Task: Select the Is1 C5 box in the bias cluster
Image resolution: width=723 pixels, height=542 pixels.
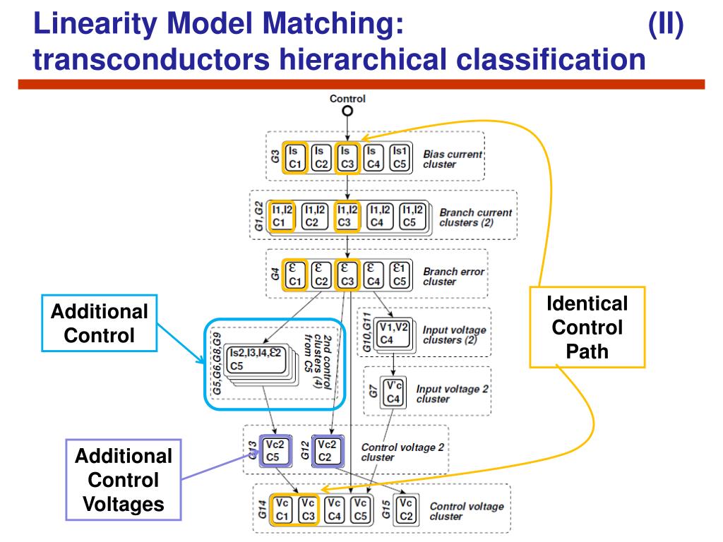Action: tap(399, 157)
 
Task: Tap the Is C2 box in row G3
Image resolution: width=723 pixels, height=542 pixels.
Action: tap(319, 157)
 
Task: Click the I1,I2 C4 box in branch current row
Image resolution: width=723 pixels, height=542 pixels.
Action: tap(376, 215)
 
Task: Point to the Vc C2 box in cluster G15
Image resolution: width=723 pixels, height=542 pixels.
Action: tap(405, 510)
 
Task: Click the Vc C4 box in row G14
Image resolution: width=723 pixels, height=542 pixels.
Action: tap(335, 510)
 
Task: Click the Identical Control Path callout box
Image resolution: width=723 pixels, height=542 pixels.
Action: tap(587, 327)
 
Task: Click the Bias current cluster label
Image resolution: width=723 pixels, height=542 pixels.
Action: tap(453, 159)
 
